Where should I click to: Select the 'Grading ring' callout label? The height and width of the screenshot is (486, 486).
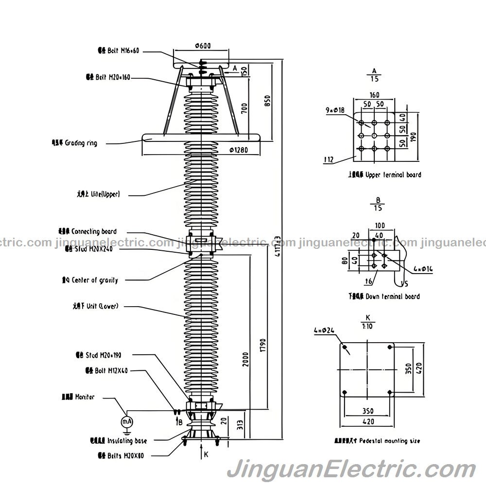(81, 143)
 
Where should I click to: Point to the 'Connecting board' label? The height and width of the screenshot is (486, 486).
(93, 231)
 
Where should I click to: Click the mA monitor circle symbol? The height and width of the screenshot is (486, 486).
(126, 421)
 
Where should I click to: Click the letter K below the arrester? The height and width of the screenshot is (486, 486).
(206, 454)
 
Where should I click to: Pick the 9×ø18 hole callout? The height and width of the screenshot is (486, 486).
(335, 110)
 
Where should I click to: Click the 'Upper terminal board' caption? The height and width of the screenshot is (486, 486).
(393, 174)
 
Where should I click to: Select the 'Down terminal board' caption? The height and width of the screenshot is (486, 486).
(391, 296)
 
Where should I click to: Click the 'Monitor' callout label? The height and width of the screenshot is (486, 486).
(84, 397)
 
